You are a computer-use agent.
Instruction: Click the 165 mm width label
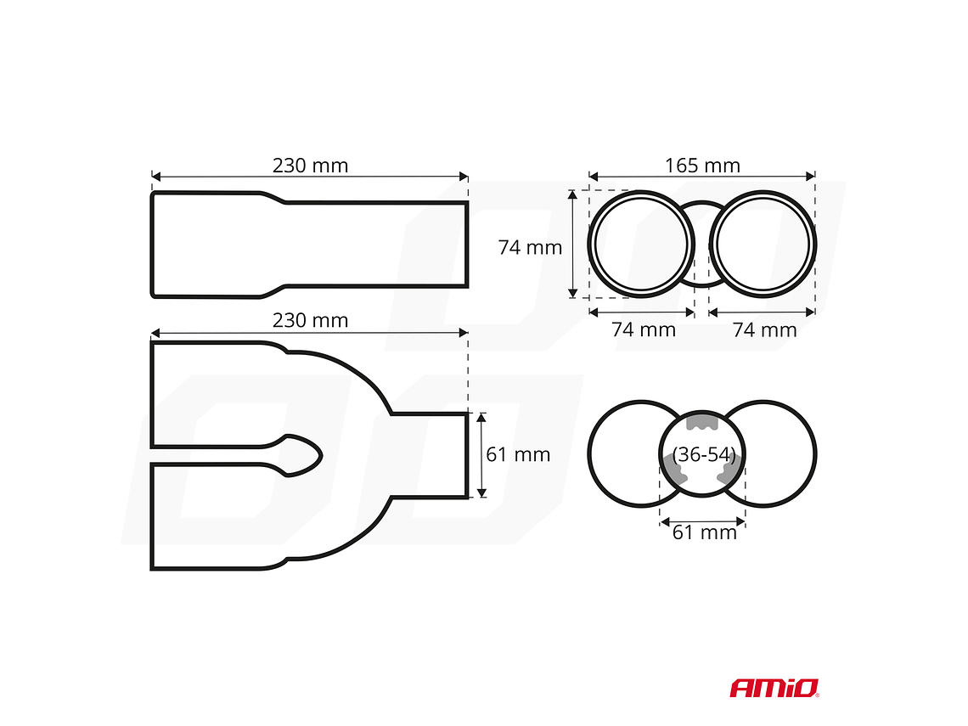pos(702,166)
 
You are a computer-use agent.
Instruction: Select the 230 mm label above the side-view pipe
pos(310,166)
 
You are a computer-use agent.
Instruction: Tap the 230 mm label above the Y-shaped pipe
pos(310,320)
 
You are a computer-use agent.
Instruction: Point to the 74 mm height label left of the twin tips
pos(530,248)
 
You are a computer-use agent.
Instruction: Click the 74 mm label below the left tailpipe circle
pos(644,329)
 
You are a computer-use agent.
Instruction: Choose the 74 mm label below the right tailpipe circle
pos(764,329)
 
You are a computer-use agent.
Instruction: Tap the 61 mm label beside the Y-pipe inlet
pos(518,454)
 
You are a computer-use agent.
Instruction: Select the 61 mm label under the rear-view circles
pos(704,532)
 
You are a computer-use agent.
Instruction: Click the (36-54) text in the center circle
pos(703,454)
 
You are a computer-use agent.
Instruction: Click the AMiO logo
pos(774,687)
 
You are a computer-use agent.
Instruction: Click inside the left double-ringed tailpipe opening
pos(641,245)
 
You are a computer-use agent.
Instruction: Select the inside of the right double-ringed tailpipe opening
pos(763,245)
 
